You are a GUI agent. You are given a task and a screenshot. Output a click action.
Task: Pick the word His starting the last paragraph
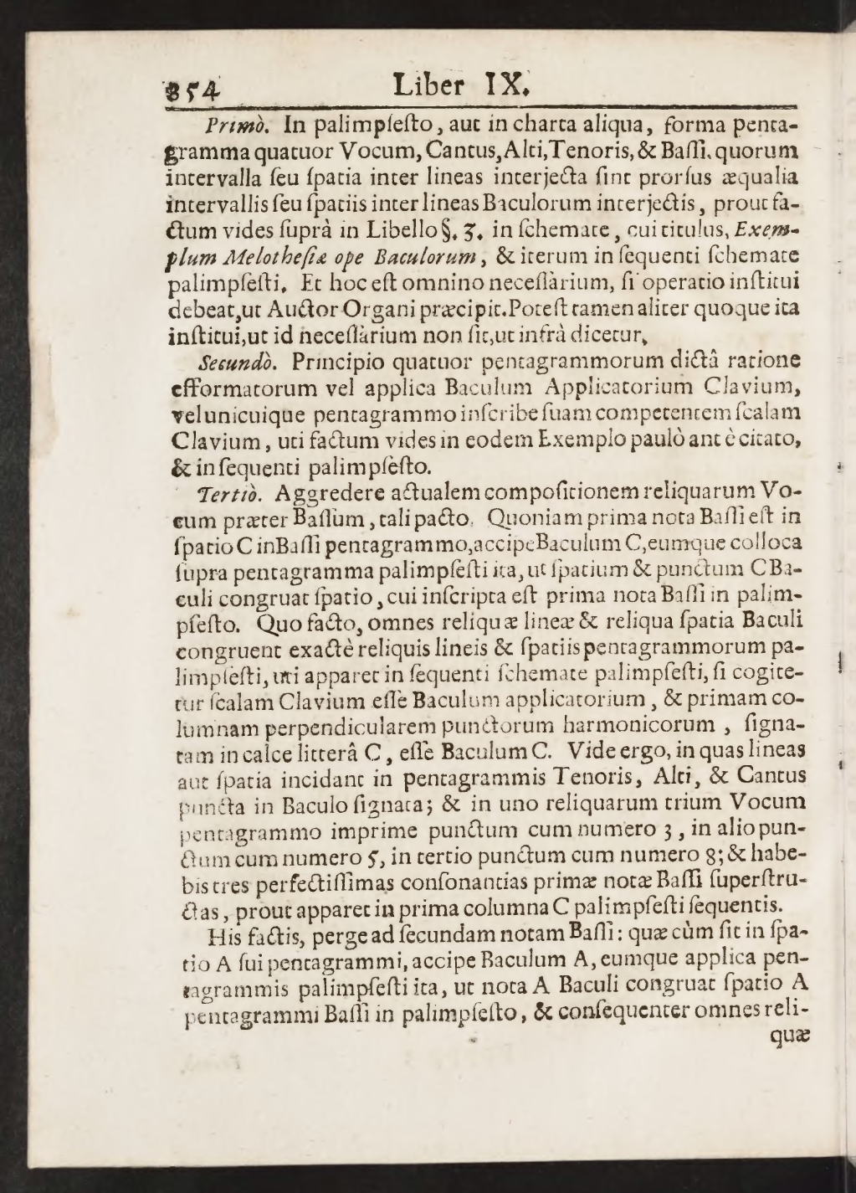[x=228, y=933]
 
